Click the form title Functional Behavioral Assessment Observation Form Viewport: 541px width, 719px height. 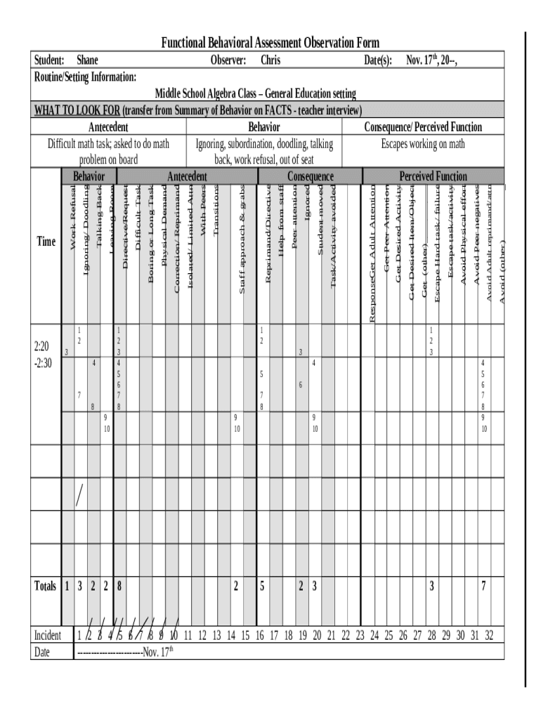pyautogui.click(x=270, y=44)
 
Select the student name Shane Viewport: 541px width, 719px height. pyautogui.click(x=87, y=60)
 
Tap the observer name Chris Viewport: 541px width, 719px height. pyautogui.click(x=270, y=60)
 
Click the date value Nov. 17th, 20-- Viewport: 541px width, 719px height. pyautogui.click(x=431, y=60)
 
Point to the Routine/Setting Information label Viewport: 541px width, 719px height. pyautogui.click(x=86, y=77)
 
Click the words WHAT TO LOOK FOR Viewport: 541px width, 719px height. pyautogui.click(x=77, y=110)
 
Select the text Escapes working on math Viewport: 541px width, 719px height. pyautogui.click(x=422, y=144)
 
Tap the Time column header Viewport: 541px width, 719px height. pyautogui.click(x=46, y=242)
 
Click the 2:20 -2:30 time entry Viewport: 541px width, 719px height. pyautogui.click(x=42, y=355)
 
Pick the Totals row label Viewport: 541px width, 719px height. pyautogui.click(x=46, y=586)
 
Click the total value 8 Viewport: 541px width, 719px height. pyautogui.click(x=119, y=586)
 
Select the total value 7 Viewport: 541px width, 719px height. pyautogui.click(x=483, y=586)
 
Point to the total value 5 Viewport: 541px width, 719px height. pyautogui.click(x=261, y=586)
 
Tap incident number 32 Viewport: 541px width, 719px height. pyautogui.click(x=489, y=635)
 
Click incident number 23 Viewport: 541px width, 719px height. pyautogui.click(x=360, y=635)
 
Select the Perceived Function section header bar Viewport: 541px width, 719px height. pyautogui.click(x=433, y=176)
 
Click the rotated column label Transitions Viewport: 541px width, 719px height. pyautogui.click(x=216, y=211)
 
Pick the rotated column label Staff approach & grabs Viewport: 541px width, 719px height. pyautogui.click(x=242, y=239)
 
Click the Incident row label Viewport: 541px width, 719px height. pyautogui.click(x=48, y=635)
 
